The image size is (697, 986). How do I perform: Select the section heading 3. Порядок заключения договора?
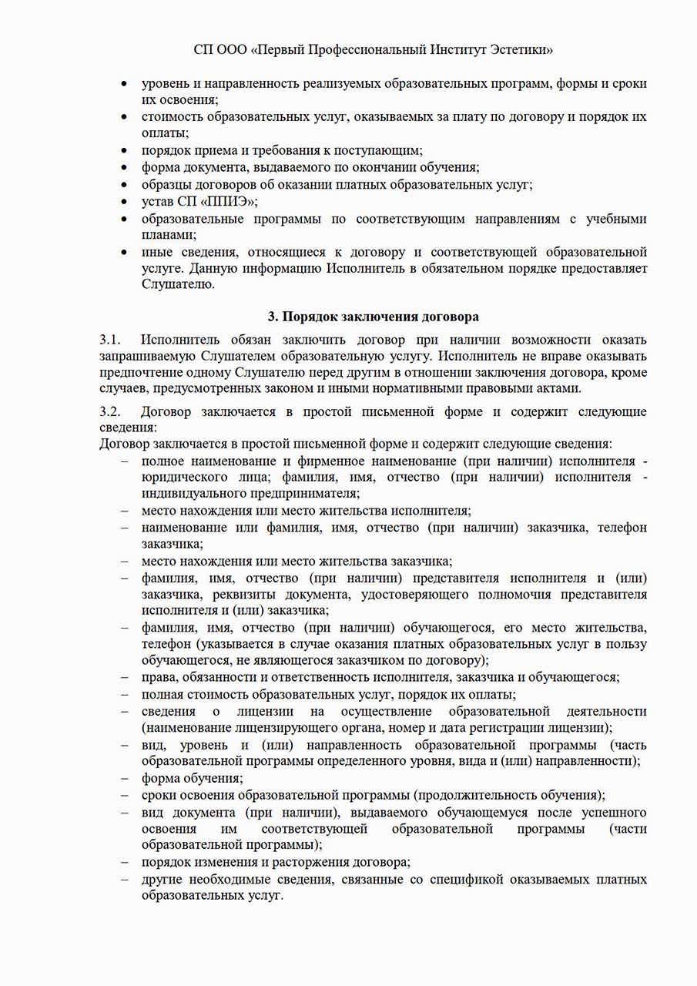[x=373, y=316]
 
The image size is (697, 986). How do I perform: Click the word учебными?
[x=617, y=219]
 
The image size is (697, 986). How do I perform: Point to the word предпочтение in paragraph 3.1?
[x=138, y=373]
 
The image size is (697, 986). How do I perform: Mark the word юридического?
[x=179, y=478]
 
